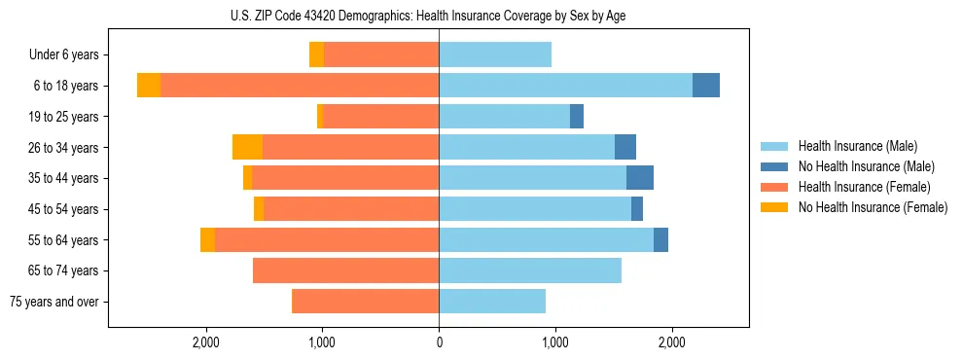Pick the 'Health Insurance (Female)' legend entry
coord(864,187)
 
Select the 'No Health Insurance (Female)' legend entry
coord(873,207)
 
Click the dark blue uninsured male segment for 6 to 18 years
coord(706,86)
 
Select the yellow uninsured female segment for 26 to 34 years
coord(247,147)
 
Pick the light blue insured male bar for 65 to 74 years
coord(530,270)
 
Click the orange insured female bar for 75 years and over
coord(366,302)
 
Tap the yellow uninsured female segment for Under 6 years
coord(316,54)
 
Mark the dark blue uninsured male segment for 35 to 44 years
coord(640,178)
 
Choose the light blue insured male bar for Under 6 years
coord(495,54)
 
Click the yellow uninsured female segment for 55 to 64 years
coord(207,239)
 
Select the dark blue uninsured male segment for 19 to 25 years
coord(577,117)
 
